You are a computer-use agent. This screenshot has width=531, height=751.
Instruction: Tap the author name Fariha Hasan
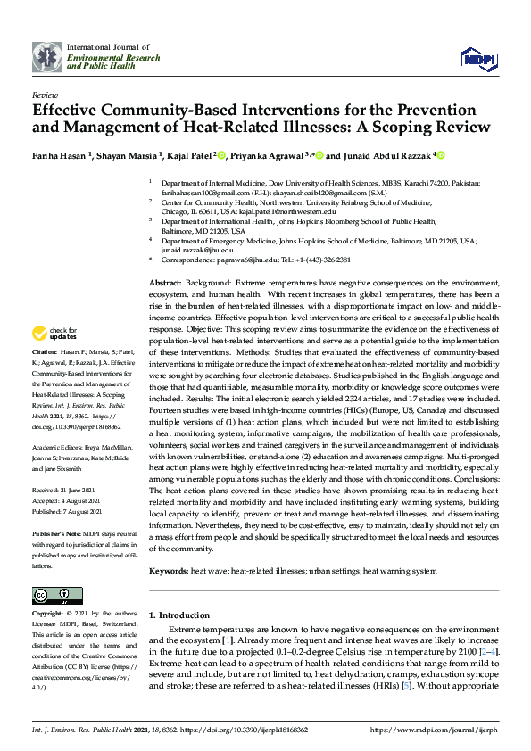point(65,155)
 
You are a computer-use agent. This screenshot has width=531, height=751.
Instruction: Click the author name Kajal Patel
point(189,155)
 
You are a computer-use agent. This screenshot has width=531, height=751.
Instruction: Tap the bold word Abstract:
point(167,282)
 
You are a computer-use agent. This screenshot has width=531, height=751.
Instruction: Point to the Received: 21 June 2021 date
point(68,491)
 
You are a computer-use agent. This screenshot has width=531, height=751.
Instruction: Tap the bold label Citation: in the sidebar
point(46,378)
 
